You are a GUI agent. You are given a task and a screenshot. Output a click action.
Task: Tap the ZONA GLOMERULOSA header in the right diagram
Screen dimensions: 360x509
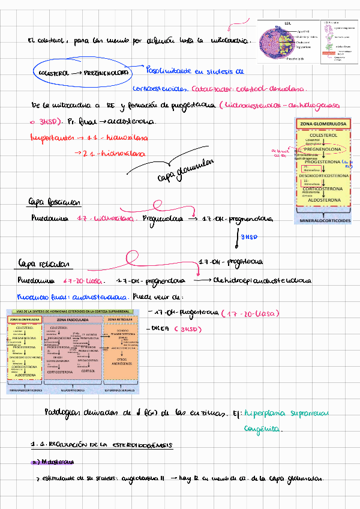(x=325, y=124)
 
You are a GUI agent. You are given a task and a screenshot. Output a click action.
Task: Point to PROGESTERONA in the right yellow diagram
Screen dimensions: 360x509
(x=324, y=162)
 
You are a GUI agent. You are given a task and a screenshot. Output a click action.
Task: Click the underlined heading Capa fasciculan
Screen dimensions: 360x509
(x=54, y=202)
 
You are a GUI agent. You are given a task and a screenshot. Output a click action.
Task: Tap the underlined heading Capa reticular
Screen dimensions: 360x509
(x=46, y=264)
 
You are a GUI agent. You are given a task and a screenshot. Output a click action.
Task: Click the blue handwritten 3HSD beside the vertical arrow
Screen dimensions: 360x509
(x=249, y=237)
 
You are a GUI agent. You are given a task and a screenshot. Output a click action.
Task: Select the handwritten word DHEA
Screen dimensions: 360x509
(x=161, y=329)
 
